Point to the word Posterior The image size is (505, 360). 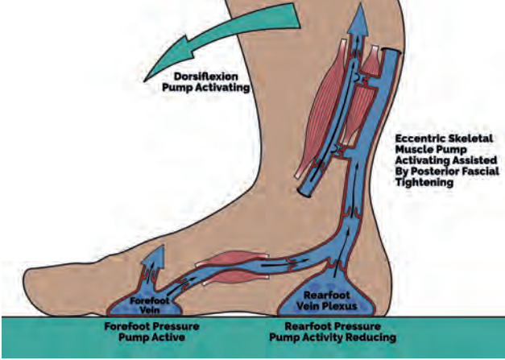pyautogui.click(x=432, y=172)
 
